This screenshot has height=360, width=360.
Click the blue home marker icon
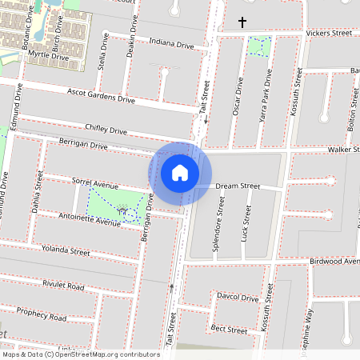pyautogui.click(x=180, y=173)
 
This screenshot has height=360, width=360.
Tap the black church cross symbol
pyautogui.click(x=242, y=22)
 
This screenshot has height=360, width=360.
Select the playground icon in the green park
pyautogui.click(x=123, y=210)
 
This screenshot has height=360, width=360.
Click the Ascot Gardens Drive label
pyautogui.click(x=102, y=96)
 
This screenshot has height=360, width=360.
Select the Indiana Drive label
pyautogui.click(x=166, y=44)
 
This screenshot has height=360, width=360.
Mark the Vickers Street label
pyautogui.click(x=329, y=34)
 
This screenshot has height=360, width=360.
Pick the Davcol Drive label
pyautogui.click(x=238, y=298)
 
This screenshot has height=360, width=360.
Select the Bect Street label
pyautogui.click(x=229, y=329)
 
